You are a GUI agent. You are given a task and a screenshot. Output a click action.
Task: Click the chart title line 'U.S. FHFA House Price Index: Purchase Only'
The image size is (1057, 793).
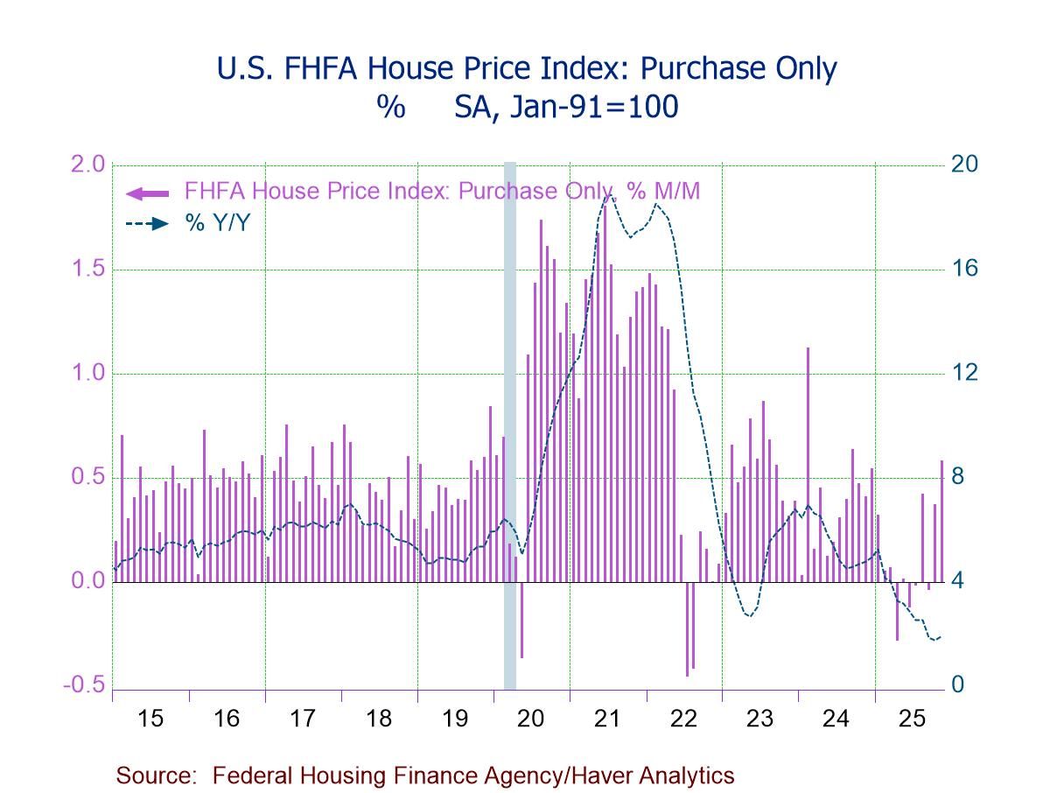(x=527, y=68)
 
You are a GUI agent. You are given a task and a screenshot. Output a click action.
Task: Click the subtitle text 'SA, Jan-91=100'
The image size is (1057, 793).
(x=565, y=107)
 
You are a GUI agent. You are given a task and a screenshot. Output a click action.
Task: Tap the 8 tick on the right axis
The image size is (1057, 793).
(x=959, y=478)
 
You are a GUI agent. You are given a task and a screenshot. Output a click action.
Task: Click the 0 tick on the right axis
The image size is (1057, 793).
(x=959, y=685)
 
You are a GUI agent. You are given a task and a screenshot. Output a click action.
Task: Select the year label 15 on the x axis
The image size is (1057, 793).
(x=150, y=719)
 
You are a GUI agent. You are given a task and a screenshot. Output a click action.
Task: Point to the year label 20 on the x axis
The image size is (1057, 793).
(x=531, y=719)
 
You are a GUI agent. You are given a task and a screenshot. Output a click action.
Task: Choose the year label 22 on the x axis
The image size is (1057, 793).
(x=683, y=719)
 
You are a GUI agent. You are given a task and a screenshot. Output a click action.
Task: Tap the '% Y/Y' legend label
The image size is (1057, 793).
(x=217, y=223)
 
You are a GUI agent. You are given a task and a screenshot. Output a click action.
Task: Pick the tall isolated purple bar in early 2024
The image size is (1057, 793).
(x=808, y=464)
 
